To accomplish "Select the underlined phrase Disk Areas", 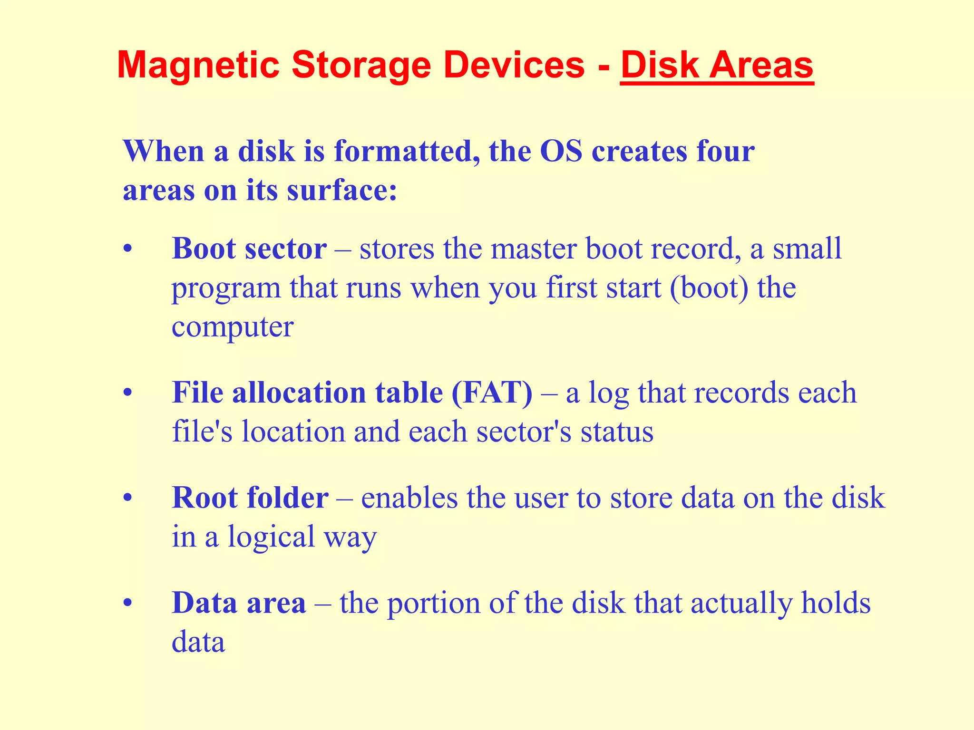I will (x=717, y=65).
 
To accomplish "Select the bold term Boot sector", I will (x=249, y=249).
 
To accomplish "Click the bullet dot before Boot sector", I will (x=127, y=250).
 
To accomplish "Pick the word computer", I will (x=233, y=327).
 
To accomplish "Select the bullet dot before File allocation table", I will (x=127, y=394).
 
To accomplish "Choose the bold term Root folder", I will (x=250, y=498).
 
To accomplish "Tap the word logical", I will (x=272, y=537).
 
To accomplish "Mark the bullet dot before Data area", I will (x=127, y=604).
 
